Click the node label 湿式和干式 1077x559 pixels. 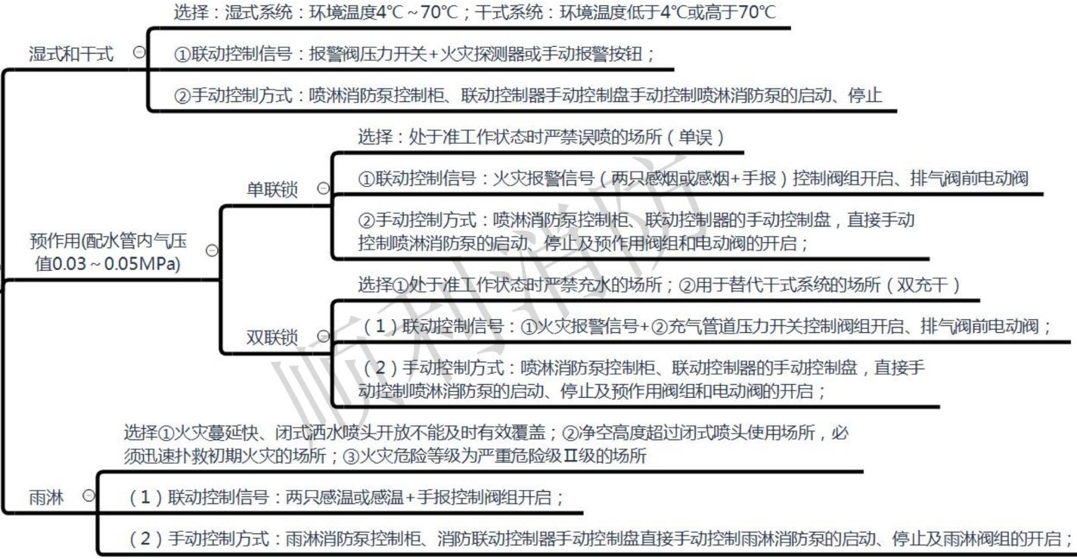[71, 54]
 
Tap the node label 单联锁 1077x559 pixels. [272, 190]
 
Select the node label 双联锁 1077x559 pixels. [272, 337]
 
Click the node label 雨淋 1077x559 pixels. [46, 497]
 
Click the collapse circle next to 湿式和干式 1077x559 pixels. [138, 52]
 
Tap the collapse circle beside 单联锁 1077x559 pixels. [323, 188]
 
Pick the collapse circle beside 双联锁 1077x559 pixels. [323, 336]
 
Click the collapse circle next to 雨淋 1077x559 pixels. [89, 495]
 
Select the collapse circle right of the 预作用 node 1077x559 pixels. [212, 250]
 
